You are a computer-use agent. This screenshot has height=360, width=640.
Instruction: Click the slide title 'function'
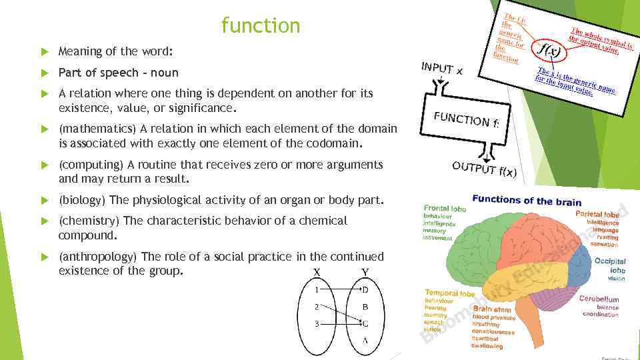click(x=261, y=26)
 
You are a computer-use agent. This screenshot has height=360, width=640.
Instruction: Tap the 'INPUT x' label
click(x=442, y=67)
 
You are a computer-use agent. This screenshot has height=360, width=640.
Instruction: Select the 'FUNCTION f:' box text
click(x=466, y=118)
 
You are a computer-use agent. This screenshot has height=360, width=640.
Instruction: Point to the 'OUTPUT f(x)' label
click(x=484, y=169)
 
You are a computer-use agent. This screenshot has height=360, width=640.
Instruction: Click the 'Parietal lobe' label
click(x=597, y=215)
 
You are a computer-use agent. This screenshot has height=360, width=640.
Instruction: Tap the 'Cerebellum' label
click(x=599, y=299)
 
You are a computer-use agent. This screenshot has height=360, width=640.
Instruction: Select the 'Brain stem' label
click(x=491, y=309)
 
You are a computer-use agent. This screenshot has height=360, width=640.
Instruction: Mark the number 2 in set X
click(x=317, y=307)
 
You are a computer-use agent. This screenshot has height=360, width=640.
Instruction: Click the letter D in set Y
click(x=365, y=289)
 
